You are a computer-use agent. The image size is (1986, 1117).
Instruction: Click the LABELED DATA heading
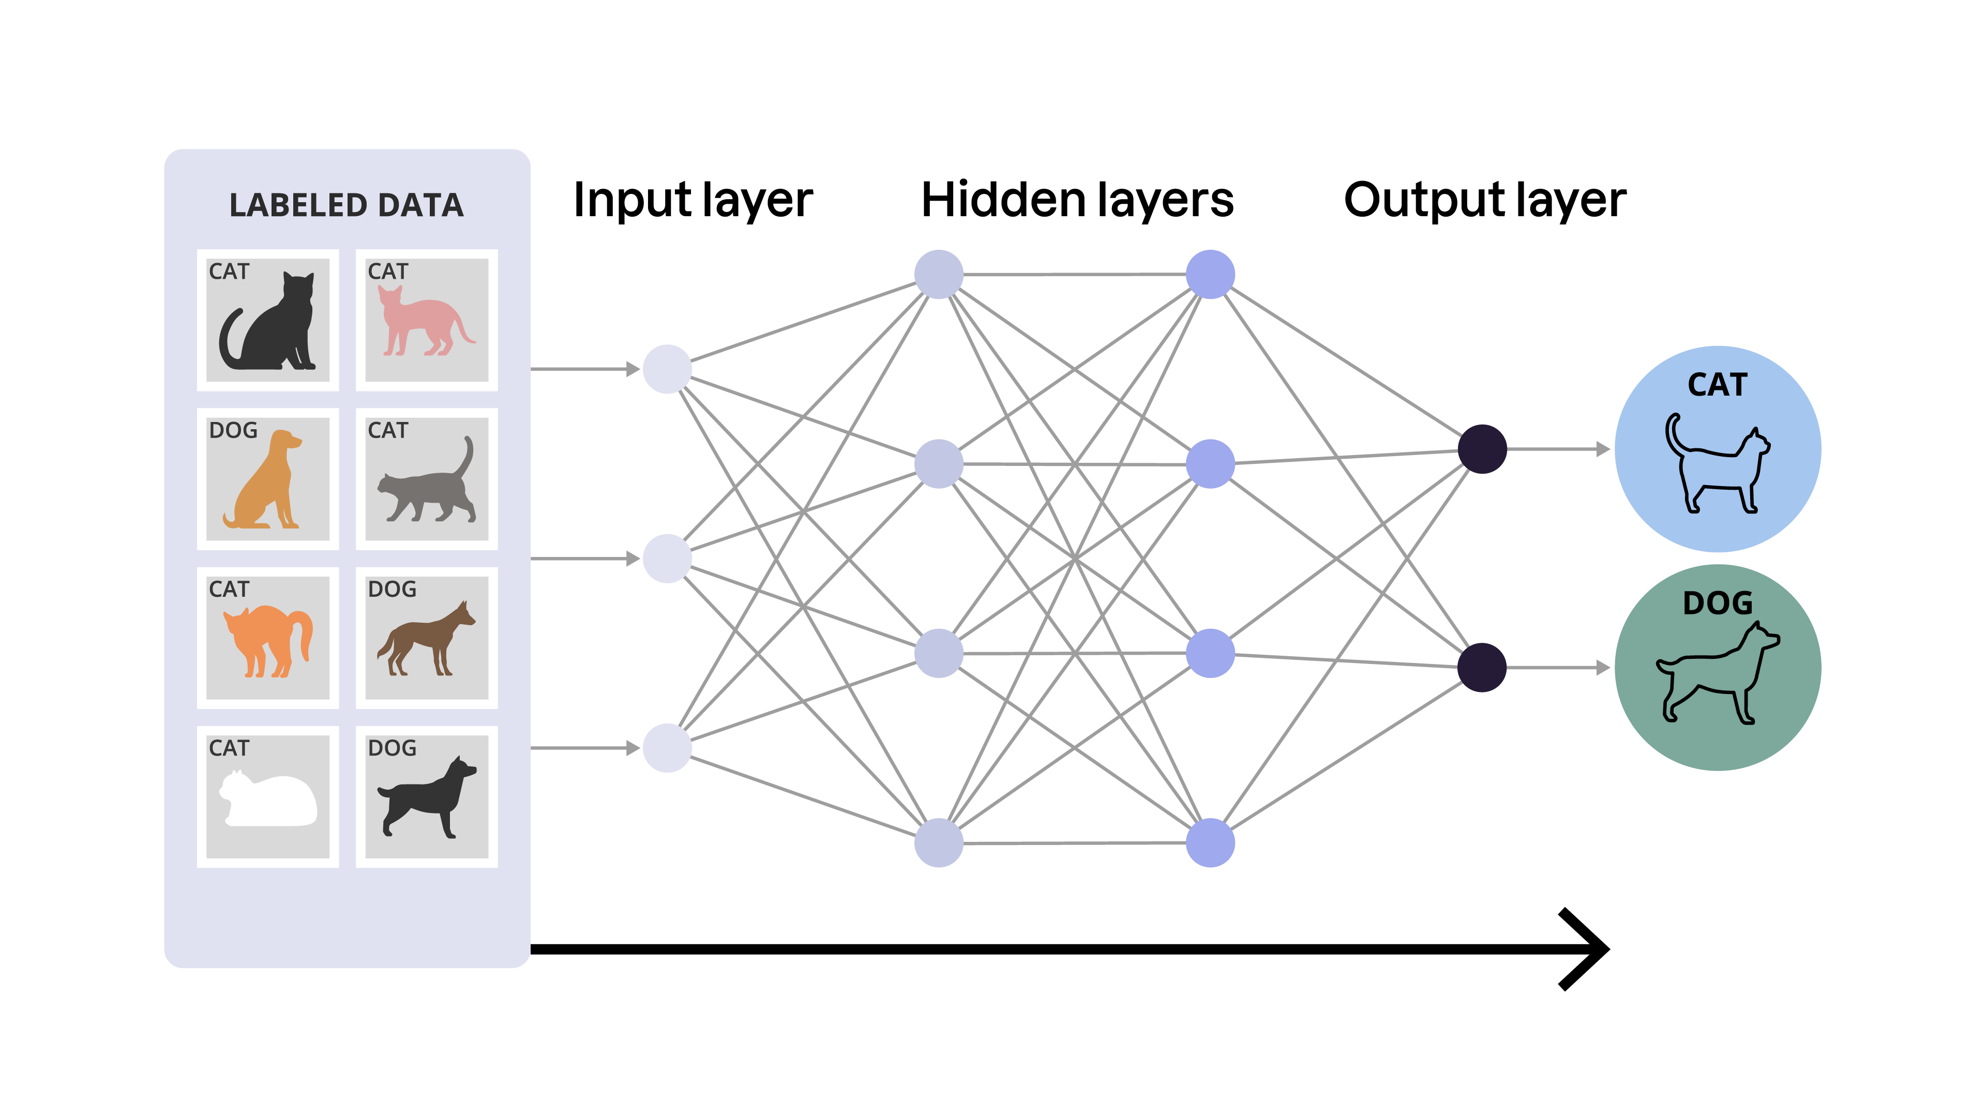(x=346, y=205)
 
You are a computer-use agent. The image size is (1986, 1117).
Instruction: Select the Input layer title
(x=693, y=201)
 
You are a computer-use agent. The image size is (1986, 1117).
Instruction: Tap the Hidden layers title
(x=1077, y=201)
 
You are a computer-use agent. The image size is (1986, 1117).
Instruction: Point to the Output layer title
(x=1484, y=201)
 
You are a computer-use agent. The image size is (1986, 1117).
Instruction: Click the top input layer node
(x=667, y=369)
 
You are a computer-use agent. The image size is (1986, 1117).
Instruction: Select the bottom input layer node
(x=667, y=748)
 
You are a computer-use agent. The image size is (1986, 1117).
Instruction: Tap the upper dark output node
(x=1482, y=449)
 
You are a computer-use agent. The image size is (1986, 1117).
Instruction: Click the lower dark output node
(x=1482, y=668)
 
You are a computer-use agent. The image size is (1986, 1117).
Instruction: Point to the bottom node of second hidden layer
(x=1210, y=842)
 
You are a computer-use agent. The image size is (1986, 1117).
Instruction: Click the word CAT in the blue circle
(x=1717, y=385)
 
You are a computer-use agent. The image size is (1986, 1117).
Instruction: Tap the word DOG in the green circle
(x=1717, y=603)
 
